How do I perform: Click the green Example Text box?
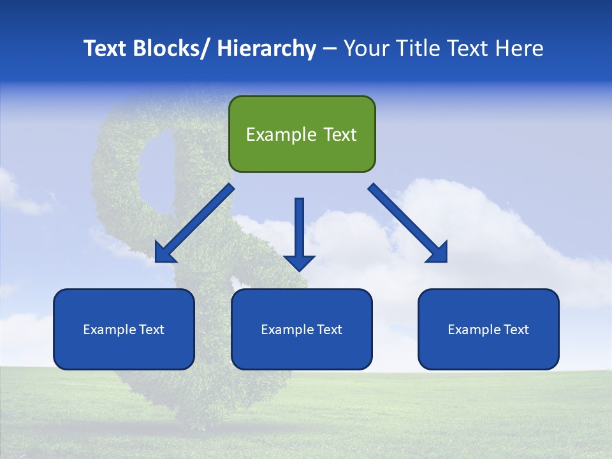(302, 134)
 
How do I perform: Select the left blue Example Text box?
(124, 329)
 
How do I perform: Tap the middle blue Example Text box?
(302, 329)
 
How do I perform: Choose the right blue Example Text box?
(488, 329)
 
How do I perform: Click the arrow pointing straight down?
(299, 233)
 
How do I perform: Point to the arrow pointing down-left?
(194, 223)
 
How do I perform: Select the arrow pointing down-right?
(408, 223)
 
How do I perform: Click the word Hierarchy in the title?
(266, 48)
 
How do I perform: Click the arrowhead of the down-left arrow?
(164, 253)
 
